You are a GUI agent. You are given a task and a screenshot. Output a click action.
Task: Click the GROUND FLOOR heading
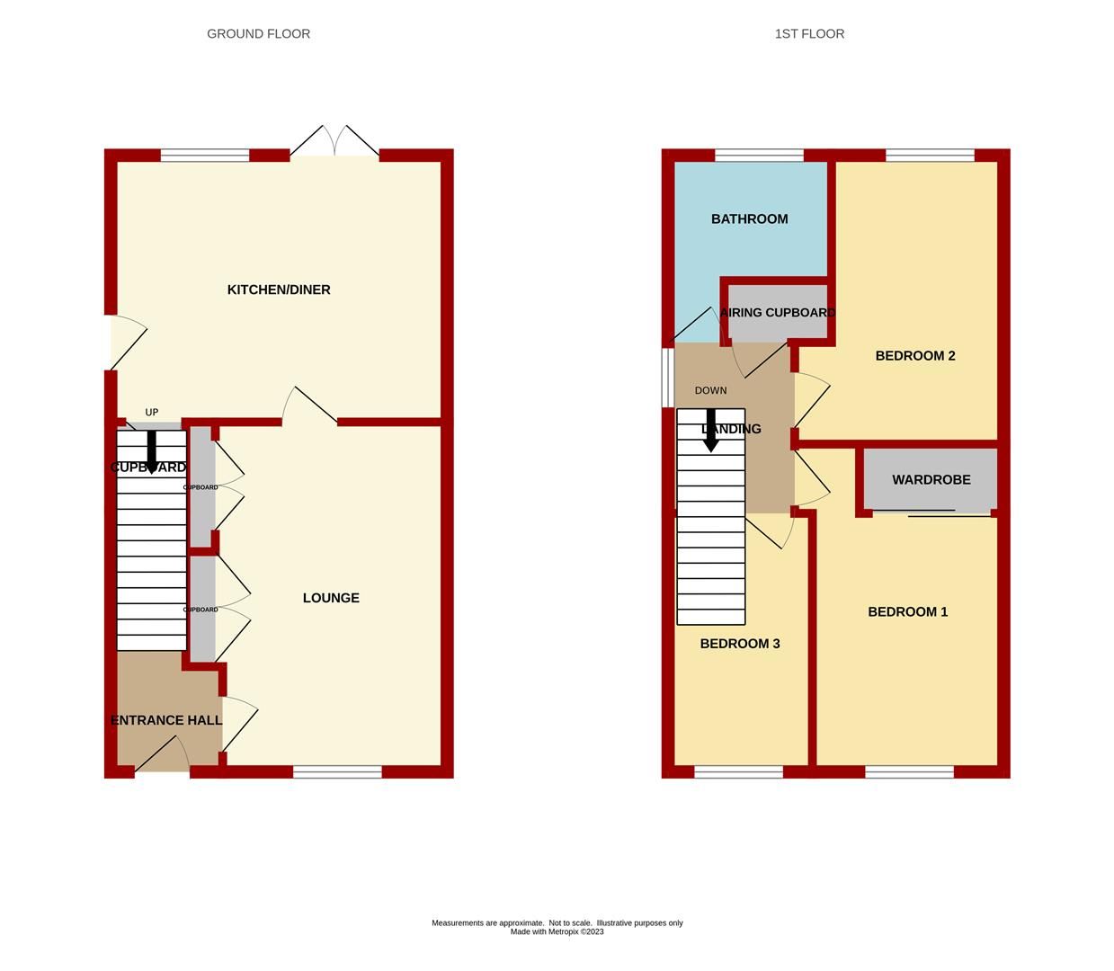coord(258,34)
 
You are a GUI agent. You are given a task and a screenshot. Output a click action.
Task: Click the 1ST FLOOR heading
coord(809,34)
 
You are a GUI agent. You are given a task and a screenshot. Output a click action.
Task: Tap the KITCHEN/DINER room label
coord(279,290)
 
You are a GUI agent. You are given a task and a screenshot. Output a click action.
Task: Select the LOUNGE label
coord(331,598)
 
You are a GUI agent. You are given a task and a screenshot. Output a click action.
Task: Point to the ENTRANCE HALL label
coord(166,720)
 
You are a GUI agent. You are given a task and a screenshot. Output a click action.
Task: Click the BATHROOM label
coord(749,219)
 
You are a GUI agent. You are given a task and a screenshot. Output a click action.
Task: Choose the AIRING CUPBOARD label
coord(778,313)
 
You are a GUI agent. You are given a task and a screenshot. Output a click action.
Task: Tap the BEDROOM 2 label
coord(915,356)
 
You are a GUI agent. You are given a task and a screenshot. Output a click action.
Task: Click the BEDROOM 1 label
coord(907,612)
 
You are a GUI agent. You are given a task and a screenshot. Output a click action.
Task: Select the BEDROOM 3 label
coord(740,644)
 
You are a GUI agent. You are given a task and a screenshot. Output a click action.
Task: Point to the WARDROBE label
coord(931,480)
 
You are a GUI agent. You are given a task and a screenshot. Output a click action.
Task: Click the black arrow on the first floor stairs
coord(710,431)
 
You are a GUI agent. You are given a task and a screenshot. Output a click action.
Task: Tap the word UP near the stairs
coord(152,413)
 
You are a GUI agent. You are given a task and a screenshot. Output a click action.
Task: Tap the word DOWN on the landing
coord(710,391)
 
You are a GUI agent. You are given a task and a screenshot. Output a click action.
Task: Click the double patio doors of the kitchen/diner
coord(334,142)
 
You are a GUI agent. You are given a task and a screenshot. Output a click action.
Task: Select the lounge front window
coord(337,771)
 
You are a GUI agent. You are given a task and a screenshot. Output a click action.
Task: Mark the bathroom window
coord(759,156)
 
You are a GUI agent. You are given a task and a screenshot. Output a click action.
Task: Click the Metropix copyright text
coord(557,932)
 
